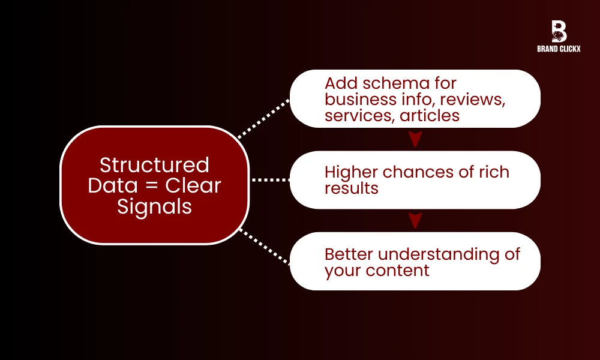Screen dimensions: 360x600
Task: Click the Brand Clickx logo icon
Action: (559, 32)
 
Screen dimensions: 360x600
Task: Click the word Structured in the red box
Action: (154, 164)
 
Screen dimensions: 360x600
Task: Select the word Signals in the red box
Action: (154, 206)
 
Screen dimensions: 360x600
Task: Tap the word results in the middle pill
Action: (352, 188)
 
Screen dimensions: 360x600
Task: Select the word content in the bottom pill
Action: (401, 270)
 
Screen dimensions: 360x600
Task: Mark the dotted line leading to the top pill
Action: (264, 118)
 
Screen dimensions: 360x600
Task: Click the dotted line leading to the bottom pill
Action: (264, 246)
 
